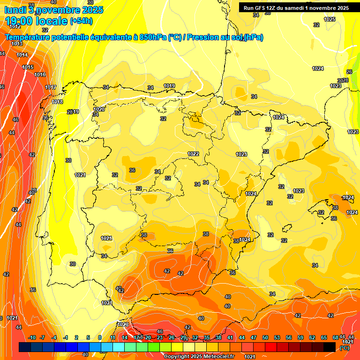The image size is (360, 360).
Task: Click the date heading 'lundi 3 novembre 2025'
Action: (x=53, y=9)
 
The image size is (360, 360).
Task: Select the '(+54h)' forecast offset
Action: (x=81, y=21)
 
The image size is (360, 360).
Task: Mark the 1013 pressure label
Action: (x=17, y=44)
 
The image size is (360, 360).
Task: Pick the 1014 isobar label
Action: (x=22, y=55)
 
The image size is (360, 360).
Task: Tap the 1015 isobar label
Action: (x=28, y=67)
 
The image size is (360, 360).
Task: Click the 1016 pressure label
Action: (x=40, y=75)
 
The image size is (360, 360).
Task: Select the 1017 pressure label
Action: (x=51, y=88)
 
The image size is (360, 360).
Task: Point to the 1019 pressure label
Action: (x=169, y=86)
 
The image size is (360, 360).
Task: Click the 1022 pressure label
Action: (x=193, y=154)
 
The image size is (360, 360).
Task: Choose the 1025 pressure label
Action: (x=330, y=20)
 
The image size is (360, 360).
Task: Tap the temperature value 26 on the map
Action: (x=349, y=72)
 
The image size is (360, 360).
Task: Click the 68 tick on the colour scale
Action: (x=336, y=337)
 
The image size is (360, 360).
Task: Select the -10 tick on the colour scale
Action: (x=32, y=337)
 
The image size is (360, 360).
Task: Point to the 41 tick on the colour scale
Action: (x=230, y=337)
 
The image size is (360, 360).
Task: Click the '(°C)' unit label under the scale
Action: (x=344, y=348)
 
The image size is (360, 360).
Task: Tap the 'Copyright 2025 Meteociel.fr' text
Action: (x=199, y=356)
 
